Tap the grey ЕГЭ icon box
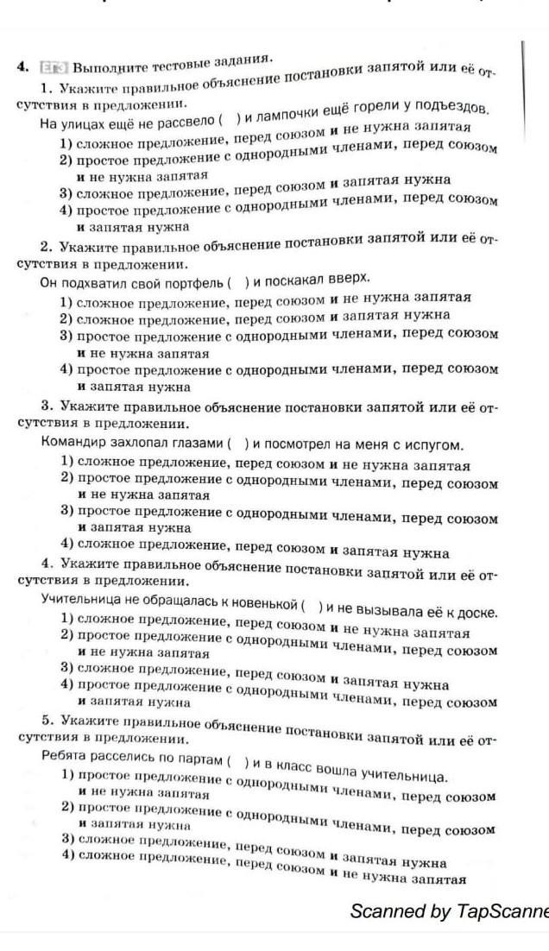tap(54, 67)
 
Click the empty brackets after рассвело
tap(229, 120)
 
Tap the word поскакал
tap(306, 280)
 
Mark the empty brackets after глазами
tap(238, 444)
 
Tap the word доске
tap(475, 612)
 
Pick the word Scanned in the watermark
tap(384, 911)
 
